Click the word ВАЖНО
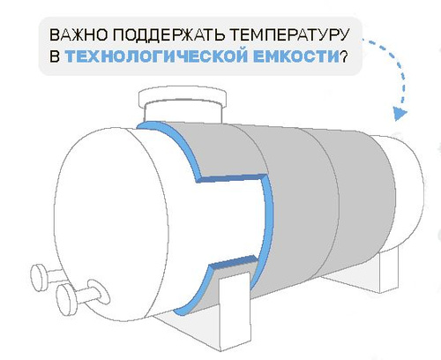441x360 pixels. tap(78, 35)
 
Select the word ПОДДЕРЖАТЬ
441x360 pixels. tap(169, 35)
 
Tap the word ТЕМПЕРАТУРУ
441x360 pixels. tap(289, 35)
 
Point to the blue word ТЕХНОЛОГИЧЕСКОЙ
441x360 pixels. tap(156, 56)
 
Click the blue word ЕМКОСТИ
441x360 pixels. tap(296, 56)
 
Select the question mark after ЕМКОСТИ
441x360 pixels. tap(343, 56)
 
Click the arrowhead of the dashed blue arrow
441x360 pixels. tap(400, 114)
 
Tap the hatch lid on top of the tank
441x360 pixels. tap(183, 98)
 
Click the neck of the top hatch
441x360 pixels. tap(183, 114)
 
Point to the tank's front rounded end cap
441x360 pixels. tap(112, 223)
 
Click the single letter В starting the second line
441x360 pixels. tap(55, 56)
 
